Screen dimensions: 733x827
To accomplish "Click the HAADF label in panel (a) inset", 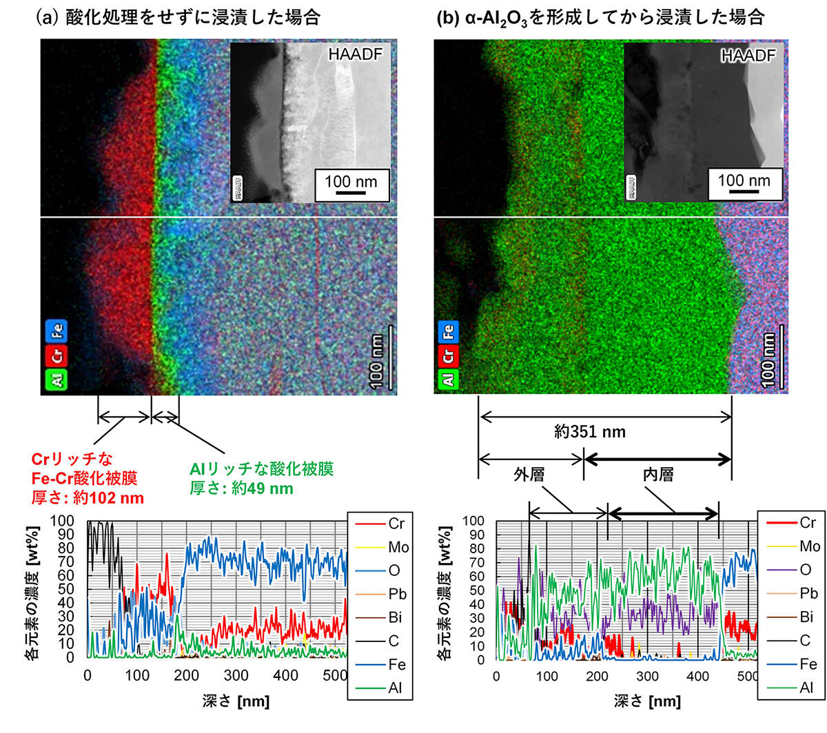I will pyautogui.click(x=354, y=54).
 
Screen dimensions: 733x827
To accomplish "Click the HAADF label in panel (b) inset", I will pyautogui.click(x=748, y=56).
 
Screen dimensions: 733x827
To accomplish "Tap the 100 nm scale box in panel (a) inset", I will pyautogui.click(x=351, y=184).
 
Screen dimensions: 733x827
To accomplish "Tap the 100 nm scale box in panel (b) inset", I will pyautogui.click(x=744, y=183).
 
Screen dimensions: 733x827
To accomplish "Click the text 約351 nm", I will pyautogui.click(x=590, y=432).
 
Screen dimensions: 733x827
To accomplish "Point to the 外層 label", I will pyautogui.click(x=529, y=475).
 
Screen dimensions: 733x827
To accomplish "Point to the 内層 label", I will pyautogui.click(x=658, y=475).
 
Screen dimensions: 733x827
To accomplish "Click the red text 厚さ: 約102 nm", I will pyautogui.click(x=88, y=498).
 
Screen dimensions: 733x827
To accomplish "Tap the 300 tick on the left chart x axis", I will pyautogui.click(x=236, y=675).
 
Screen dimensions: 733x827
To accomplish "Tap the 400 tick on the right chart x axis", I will pyautogui.click(x=698, y=676).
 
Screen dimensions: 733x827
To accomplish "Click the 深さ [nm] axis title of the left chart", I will pyautogui.click(x=236, y=702).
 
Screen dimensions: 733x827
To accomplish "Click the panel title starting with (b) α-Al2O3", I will pyautogui.click(x=600, y=17).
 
